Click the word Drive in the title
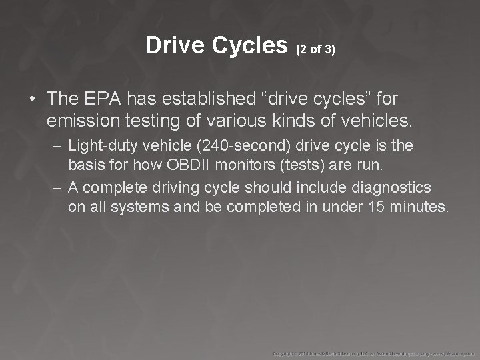click(x=174, y=45)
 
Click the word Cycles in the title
click(x=248, y=45)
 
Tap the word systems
click(x=139, y=207)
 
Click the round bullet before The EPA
click(x=32, y=99)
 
